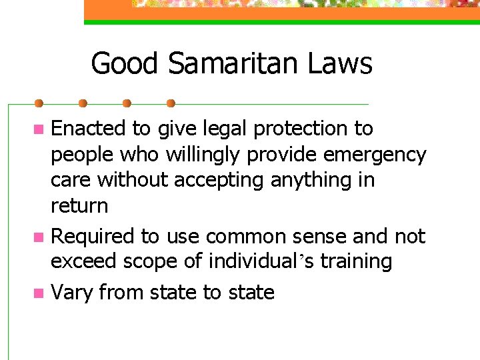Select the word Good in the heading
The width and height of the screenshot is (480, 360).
tap(125, 64)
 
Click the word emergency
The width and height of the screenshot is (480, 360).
tap(375, 155)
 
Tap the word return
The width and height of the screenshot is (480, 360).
tap(79, 206)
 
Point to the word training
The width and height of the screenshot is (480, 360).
tap(356, 261)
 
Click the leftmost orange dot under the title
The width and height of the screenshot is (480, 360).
tap(39, 104)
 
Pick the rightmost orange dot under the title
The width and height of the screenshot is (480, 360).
tap(170, 104)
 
